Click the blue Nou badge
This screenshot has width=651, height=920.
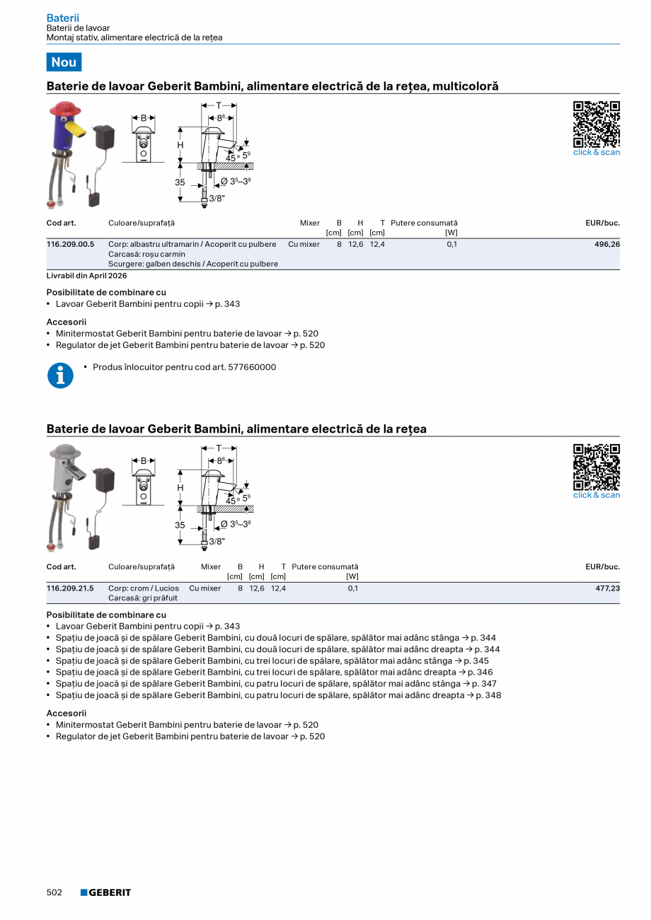click(x=64, y=62)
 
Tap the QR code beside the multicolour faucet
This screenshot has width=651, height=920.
click(x=596, y=124)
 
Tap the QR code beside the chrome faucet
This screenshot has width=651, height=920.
click(x=596, y=467)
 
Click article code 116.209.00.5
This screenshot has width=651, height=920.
click(x=70, y=244)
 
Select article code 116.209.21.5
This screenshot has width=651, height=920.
click(x=70, y=588)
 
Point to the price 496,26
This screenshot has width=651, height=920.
click(x=606, y=244)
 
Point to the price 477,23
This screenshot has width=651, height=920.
click(x=606, y=588)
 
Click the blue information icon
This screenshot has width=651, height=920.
click(x=60, y=375)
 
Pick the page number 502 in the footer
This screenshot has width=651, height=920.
click(x=54, y=892)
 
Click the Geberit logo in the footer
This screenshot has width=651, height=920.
click(x=105, y=892)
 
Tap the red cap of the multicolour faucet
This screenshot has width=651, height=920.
click(x=64, y=110)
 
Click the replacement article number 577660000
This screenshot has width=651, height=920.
click(x=252, y=367)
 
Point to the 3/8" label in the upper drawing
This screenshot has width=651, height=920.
click(x=217, y=199)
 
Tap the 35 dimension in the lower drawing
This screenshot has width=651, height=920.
click(x=180, y=525)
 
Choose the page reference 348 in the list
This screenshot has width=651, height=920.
click(x=493, y=695)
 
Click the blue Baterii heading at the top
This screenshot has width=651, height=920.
click(x=62, y=18)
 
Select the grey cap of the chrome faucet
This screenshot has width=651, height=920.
click(x=64, y=452)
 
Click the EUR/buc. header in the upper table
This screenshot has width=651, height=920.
click(x=602, y=223)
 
